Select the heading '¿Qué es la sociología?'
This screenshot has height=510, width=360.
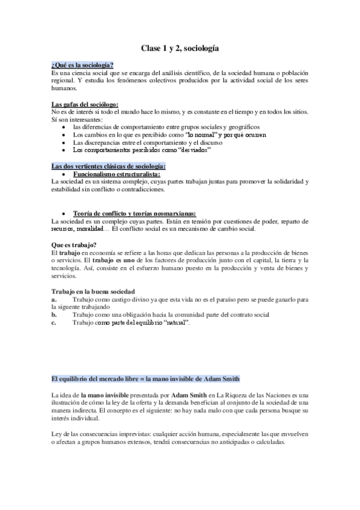point(83,65)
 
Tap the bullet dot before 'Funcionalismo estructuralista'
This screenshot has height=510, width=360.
point(64,174)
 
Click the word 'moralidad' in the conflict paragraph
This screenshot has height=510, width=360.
point(91,229)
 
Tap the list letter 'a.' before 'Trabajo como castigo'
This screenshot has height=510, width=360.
point(55,299)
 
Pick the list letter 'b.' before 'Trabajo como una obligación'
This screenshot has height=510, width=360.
point(55,315)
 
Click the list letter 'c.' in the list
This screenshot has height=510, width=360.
point(55,322)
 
